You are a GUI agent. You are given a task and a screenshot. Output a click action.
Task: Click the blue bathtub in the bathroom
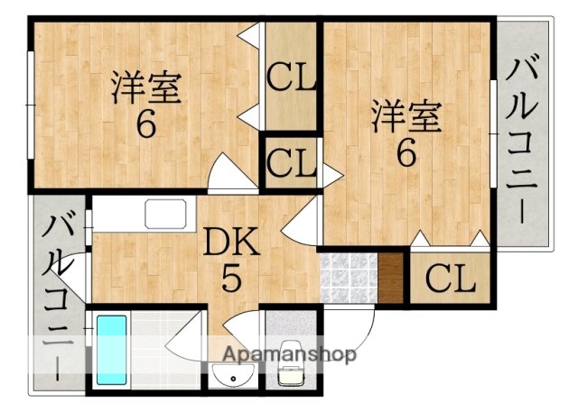112,349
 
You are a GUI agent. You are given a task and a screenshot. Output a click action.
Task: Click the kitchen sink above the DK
165,215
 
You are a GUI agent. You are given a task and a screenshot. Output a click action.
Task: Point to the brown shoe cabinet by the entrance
391,279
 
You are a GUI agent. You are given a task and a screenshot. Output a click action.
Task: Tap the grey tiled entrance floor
347,279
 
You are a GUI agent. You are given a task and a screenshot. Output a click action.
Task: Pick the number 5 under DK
232,280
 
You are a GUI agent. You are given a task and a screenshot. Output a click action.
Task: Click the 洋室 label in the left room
146,87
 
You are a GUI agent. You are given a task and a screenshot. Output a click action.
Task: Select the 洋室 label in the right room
407,117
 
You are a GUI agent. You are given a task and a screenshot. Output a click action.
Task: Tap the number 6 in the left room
145,124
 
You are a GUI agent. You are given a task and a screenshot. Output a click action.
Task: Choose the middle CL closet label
290,164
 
